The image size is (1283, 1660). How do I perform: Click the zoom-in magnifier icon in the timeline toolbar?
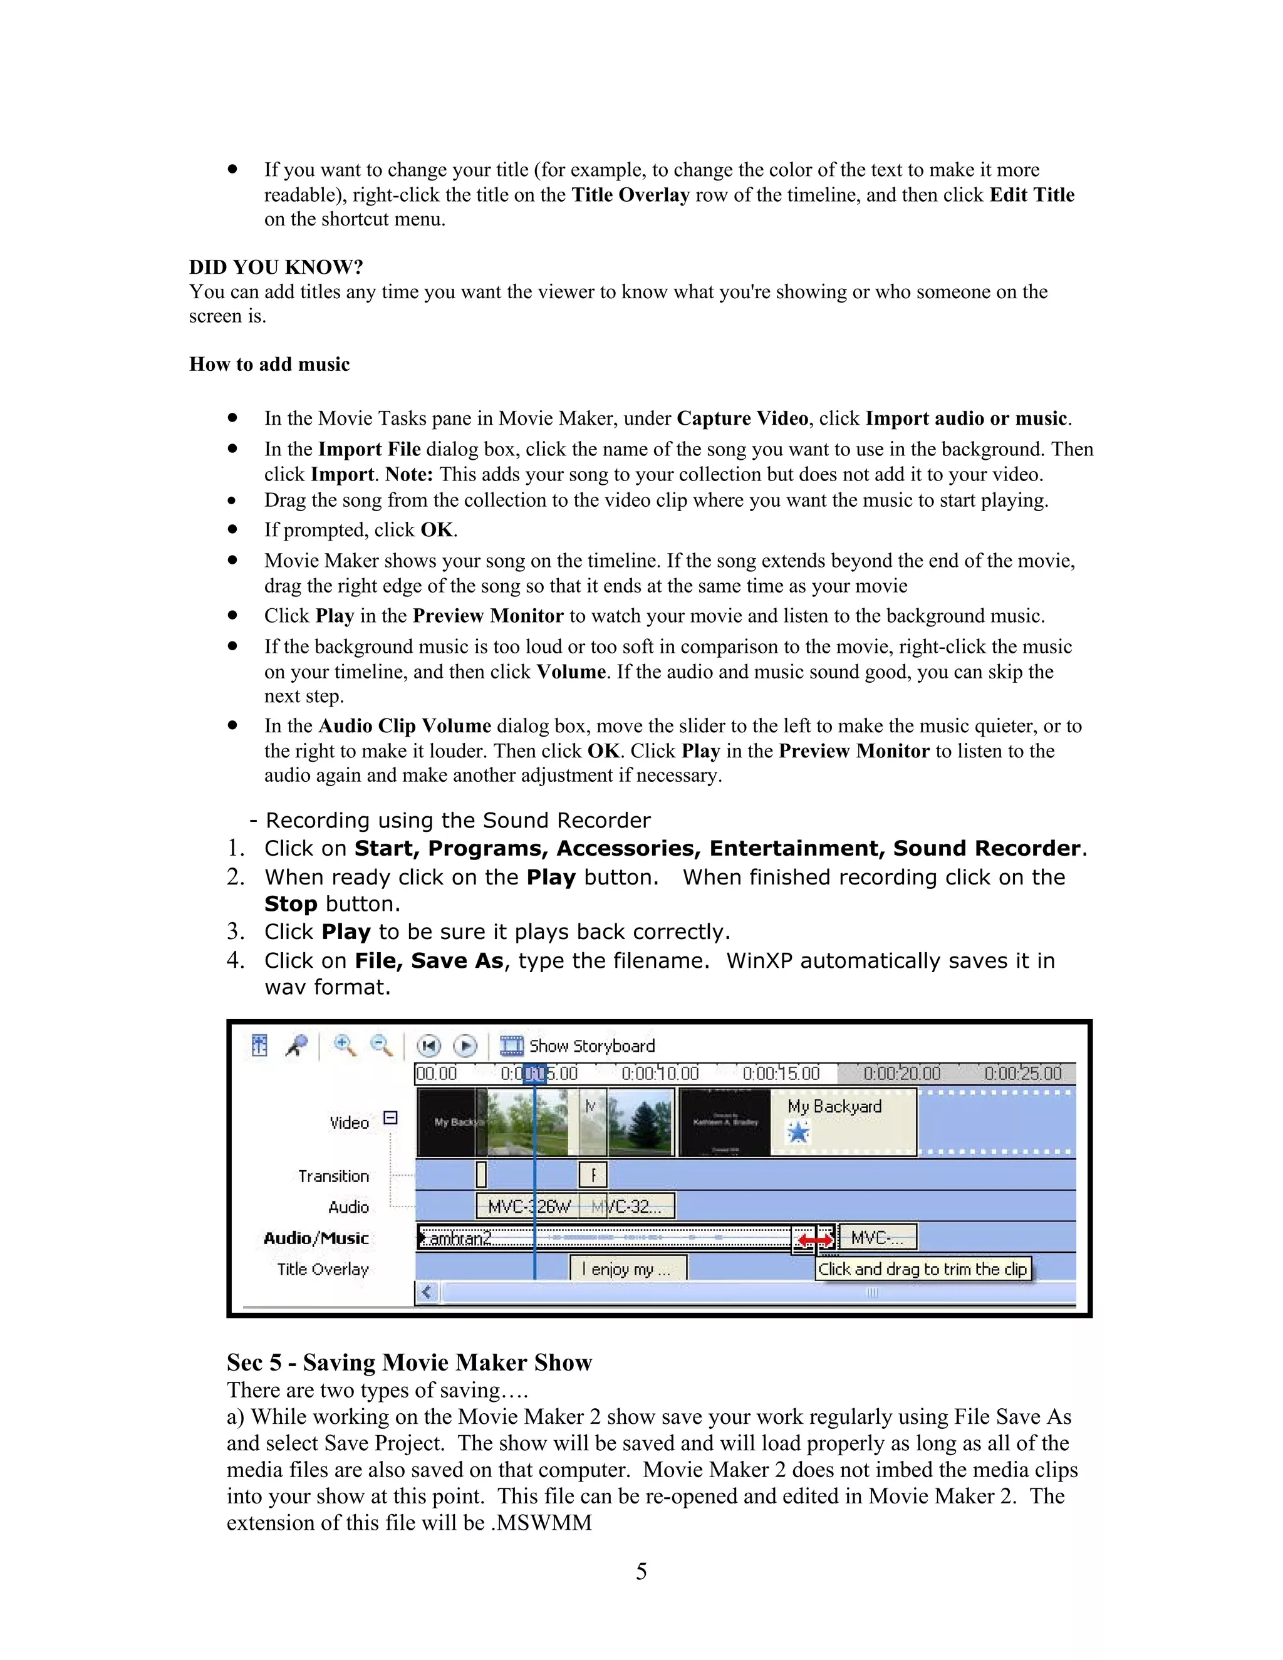point(345,1046)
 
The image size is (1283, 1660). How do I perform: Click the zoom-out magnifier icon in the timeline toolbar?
point(381,1046)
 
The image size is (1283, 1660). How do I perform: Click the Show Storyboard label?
point(591,1046)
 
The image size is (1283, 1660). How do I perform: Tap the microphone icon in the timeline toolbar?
point(296,1046)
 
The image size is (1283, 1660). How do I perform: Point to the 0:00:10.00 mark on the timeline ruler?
point(660,1073)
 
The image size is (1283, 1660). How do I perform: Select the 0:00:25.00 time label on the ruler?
point(1022,1073)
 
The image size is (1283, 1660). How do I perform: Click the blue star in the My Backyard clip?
point(798,1133)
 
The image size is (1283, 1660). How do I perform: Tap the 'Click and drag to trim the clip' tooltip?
point(923,1269)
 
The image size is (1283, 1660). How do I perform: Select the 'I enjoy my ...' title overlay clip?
point(628,1268)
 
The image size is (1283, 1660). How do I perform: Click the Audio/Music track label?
point(316,1238)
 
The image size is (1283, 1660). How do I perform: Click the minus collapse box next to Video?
point(390,1118)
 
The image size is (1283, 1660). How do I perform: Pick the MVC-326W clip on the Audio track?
point(527,1206)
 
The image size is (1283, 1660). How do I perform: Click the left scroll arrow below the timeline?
point(427,1292)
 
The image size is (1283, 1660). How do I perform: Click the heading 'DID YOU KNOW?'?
point(276,267)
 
